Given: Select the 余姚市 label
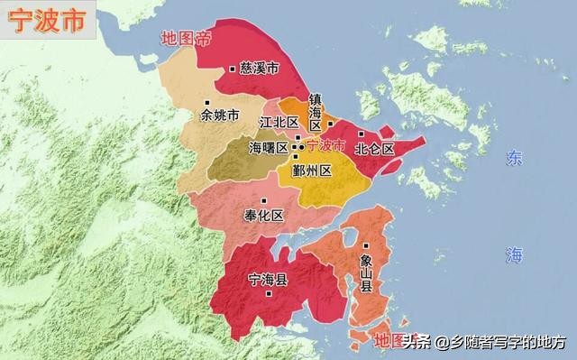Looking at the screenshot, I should pos(220,115).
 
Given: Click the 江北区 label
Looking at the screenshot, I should pos(279,122).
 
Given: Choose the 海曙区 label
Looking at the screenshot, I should pos(268,147).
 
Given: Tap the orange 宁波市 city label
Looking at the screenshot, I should pos(326,145).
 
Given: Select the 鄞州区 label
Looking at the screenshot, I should pos(314,170).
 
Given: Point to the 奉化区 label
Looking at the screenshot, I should pos(264,216).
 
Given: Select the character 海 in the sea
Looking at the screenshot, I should pos(513,255).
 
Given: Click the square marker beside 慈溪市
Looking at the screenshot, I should pos(233,68).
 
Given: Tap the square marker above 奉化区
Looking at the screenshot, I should pos(263,200).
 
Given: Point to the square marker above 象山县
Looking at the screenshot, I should pos(366,245).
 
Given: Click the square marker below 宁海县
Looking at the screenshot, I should pos(269,294).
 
